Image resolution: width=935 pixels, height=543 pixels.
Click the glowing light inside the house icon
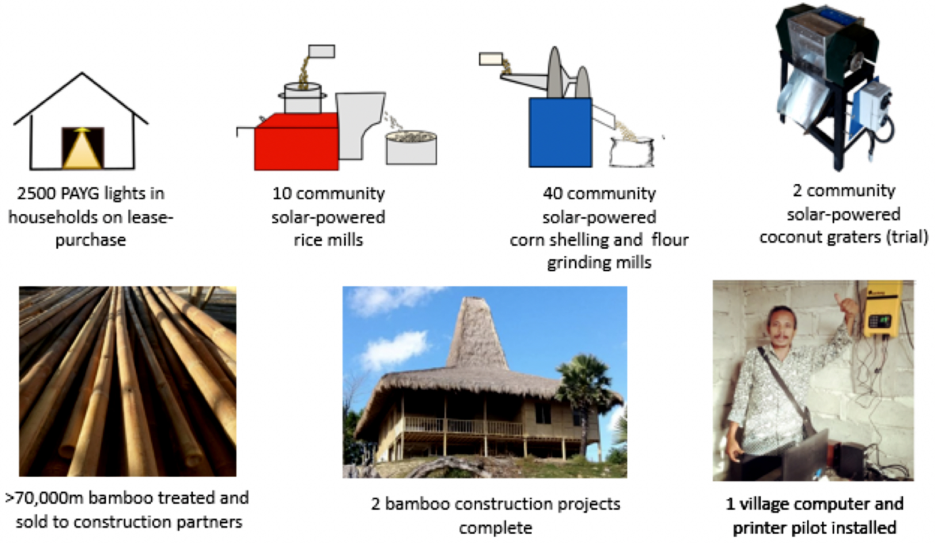83,148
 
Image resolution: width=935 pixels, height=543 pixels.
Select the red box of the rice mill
296,142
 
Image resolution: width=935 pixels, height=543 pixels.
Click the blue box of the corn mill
560,132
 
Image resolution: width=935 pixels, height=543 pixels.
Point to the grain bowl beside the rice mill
411,148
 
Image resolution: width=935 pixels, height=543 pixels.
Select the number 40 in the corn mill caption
552,193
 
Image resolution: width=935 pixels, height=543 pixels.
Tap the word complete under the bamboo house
496,529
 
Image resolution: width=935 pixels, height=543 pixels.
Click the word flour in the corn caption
670,240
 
